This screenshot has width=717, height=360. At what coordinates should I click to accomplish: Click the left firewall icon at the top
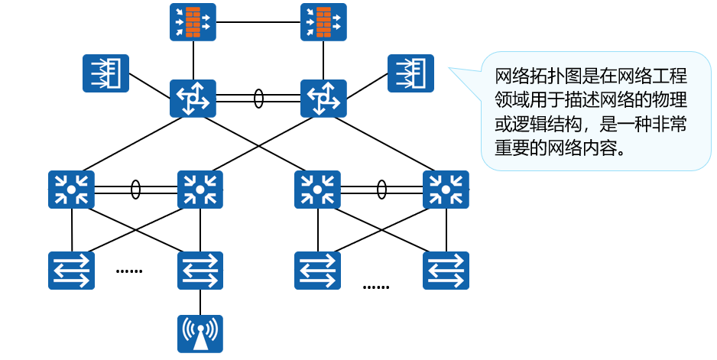point(193,22)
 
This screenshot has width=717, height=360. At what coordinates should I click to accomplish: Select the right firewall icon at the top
point(323,22)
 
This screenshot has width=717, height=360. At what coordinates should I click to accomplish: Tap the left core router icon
point(193,99)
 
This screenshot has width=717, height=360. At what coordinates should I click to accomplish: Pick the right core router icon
point(323,99)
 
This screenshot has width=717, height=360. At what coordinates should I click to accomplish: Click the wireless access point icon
point(200,334)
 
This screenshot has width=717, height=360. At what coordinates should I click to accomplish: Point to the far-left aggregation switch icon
point(71,190)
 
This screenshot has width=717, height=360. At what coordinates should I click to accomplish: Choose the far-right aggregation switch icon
point(446,190)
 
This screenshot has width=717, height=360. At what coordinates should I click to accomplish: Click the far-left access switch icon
point(71,271)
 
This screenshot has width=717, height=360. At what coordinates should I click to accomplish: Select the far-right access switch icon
point(446,271)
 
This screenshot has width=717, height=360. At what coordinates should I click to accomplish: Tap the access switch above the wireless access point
point(200,271)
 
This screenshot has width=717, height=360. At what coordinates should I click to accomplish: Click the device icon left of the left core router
point(105,73)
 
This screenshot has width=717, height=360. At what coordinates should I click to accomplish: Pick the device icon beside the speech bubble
point(410,73)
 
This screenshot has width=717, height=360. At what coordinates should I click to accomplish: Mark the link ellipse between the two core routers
point(258,99)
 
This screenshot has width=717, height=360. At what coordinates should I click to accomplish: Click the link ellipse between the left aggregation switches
point(135,190)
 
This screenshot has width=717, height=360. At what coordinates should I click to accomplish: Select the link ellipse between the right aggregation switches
point(381,190)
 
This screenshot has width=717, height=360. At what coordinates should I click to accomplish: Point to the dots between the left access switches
point(128,271)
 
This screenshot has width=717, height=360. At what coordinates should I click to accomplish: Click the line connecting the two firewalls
point(258,22)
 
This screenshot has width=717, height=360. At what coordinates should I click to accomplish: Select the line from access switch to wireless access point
point(200,302)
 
